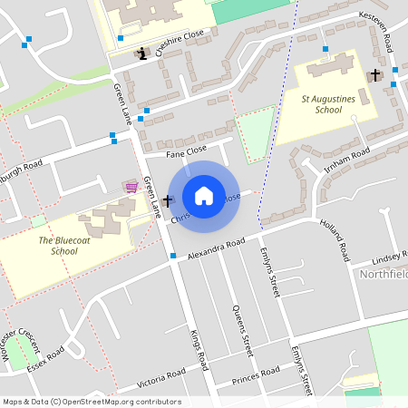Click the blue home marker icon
[x=204, y=196]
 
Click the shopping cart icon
[x=131, y=186]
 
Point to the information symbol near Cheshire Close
[x=142, y=54]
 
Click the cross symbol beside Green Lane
[x=168, y=199]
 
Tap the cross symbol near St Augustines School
[x=375, y=74]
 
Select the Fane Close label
[x=187, y=148]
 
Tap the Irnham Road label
[x=345, y=156]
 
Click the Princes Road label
[x=256, y=374]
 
